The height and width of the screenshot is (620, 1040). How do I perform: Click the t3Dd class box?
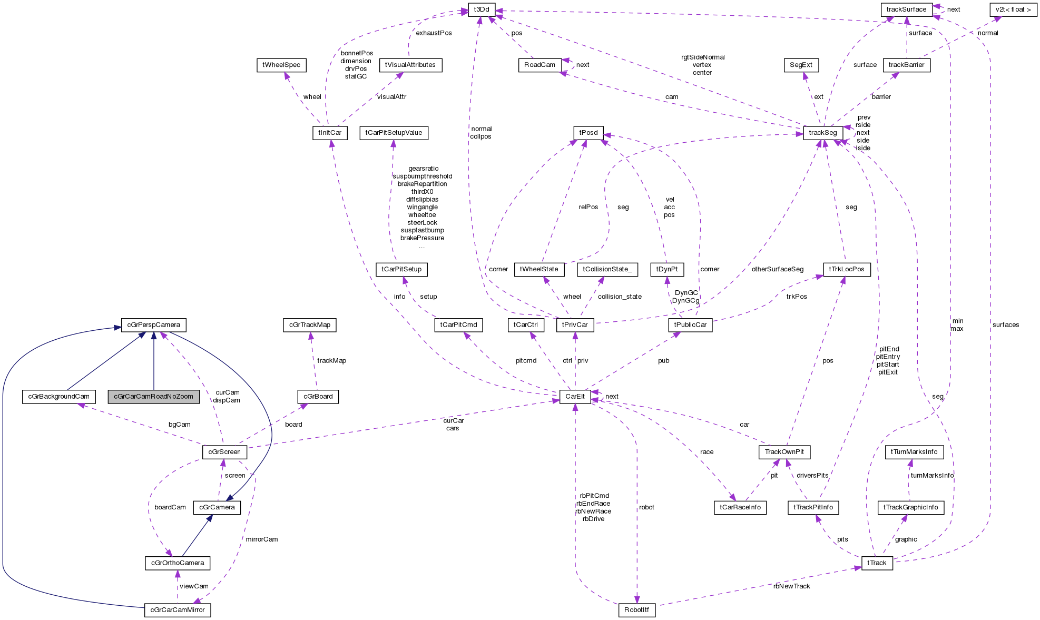click(482, 9)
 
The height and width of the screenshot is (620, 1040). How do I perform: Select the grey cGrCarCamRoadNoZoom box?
click(154, 397)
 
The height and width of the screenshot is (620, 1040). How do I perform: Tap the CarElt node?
click(575, 397)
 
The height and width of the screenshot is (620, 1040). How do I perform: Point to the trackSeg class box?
click(822, 133)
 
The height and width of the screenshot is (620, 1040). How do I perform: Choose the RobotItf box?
click(636, 610)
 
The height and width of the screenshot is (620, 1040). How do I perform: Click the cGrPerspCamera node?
click(154, 325)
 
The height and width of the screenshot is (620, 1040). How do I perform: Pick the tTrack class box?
click(877, 563)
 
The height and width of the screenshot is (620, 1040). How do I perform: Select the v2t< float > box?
click(1013, 9)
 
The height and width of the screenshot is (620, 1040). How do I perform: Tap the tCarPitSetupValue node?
click(394, 133)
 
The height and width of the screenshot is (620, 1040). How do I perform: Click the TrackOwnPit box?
click(784, 452)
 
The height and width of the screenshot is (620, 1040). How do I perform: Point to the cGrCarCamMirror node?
click(178, 610)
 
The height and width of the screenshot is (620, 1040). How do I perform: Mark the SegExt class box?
click(801, 65)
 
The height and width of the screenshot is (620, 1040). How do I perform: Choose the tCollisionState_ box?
click(607, 269)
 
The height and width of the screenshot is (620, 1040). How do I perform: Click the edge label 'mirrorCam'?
click(262, 539)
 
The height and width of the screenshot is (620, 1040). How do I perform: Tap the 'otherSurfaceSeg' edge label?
click(777, 269)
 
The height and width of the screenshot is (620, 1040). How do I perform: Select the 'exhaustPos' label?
click(434, 33)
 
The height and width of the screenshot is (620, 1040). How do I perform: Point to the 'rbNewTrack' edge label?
click(791, 586)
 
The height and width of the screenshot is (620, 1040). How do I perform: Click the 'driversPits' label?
click(812, 476)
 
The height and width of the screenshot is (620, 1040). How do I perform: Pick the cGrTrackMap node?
click(310, 325)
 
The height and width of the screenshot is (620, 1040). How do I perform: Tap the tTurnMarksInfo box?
click(914, 452)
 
